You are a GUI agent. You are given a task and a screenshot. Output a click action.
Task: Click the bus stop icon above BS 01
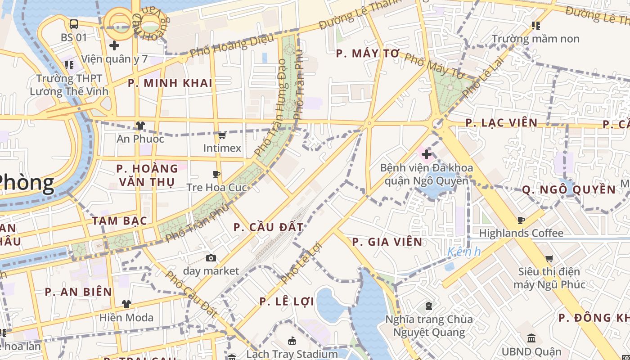pyautogui.click(x=74, y=24)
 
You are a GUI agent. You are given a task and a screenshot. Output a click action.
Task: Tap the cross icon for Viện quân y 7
pyautogui.click(x=114, y=45)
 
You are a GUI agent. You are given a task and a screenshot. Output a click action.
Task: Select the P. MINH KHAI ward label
pyautogui.click(x=170, y=83)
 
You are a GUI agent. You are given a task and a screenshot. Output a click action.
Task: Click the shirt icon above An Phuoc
pyautogui.click(x=140, y=126)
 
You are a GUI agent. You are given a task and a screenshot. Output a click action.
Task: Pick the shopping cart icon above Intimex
pyautogui.click(x=222, y=135)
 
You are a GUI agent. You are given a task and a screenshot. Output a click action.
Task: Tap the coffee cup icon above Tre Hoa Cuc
pyautogui.click(x=216, y=174)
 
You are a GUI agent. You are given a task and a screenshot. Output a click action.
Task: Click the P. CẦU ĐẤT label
pyautogui.click(x=268, y=227)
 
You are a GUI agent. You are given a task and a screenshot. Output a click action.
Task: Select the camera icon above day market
pyautogui.click(x=211, y=258)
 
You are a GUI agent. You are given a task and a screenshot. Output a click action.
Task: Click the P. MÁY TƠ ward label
pyautogui.click(x=368, y=54)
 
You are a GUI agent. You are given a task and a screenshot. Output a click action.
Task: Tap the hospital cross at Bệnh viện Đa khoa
pyautogui.click(x=426, y=155)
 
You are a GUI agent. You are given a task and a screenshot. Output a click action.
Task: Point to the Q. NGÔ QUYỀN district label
pyautogui.click(x=569, y=190)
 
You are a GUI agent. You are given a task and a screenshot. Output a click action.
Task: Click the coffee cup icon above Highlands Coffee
pyautogui.click(x=521, y=220)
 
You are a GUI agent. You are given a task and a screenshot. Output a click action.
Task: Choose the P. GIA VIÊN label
pyautogui.click(x=387, y=242)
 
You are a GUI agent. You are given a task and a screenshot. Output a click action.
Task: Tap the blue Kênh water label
pyautogui.click(x=464, y=252)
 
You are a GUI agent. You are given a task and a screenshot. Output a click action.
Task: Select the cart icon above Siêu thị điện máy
pyautogui.click(x=549, y=258)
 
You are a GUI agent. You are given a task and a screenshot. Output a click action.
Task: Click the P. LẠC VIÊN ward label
pyautogui.click(x=501, y=123)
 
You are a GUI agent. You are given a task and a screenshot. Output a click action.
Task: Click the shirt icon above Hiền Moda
pyautogui.click(x=126, y=304)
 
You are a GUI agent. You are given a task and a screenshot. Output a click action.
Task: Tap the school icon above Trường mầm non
pyautogui.click(x=535, y=26)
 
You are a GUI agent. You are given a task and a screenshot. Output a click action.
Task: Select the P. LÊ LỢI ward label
pyautogui.click(x=287, y=301)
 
